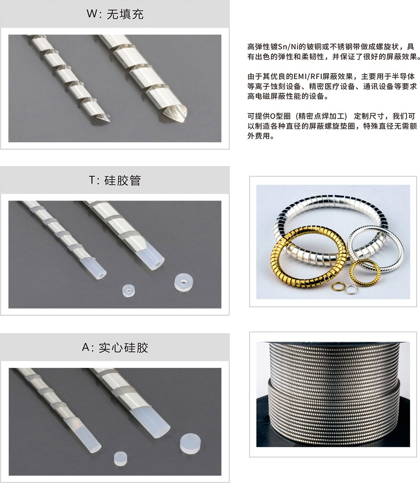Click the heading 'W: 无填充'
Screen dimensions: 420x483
pyautogui.click(x=115, y=14)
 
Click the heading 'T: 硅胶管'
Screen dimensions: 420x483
pyautogui.click(x=115, y=180)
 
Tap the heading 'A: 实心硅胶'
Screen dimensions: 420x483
pyautogui.click(x=115, y=348)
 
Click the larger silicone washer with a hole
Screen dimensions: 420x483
pyautogui.click(x=184, y=282)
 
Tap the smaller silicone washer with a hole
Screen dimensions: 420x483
pyautogui.click(x=128, y=291)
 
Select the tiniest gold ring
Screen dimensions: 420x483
pyautogui.click(x=338, y=286)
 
